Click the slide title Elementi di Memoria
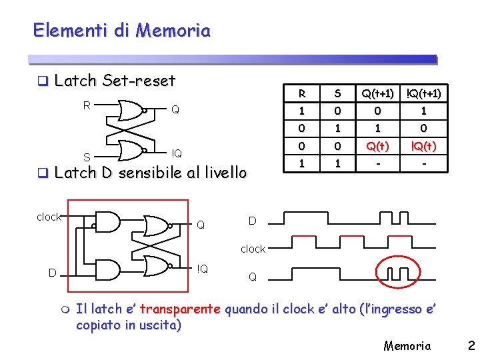[121, 31]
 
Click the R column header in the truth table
[303, 93]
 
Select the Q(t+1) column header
[377, 93]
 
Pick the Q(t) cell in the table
[377, 145]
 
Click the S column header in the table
[339, 93]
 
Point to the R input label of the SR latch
[87, 105]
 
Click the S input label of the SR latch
[87, 157]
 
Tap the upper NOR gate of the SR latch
[131, 109]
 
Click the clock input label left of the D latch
[49, 217]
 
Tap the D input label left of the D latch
[51, 272]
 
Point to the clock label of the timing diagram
[253, 249]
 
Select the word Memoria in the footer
[407, 345]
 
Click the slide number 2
[471, 345]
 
